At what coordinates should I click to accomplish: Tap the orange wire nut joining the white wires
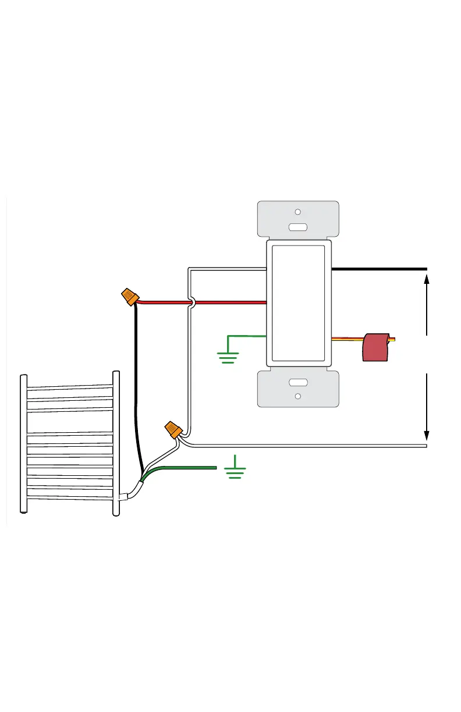pos(173,430)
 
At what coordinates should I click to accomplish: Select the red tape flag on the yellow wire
pos(375,347)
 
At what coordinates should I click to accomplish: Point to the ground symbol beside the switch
pos(228,357)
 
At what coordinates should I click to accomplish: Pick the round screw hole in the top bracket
pos(297,212)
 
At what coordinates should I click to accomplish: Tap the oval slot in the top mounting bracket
pos(297,227)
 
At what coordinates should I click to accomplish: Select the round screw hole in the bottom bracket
pos(297,397)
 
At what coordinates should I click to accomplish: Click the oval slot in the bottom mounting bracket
pos(297,382)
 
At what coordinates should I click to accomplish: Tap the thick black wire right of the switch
pos(378,269)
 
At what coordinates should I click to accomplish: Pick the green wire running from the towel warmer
pos(186,468)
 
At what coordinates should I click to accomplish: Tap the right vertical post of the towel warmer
pos(116,442)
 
